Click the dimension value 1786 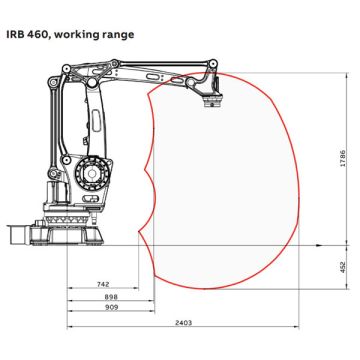coord(343,159)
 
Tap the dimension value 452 coord(343,267)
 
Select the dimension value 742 coord(103,284)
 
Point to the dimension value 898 coord(111,297)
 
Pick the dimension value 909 coord(111,307)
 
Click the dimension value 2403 coord(183,323)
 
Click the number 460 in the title coord(37,35)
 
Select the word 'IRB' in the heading coord(15,35)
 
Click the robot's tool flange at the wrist coord(213,101)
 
